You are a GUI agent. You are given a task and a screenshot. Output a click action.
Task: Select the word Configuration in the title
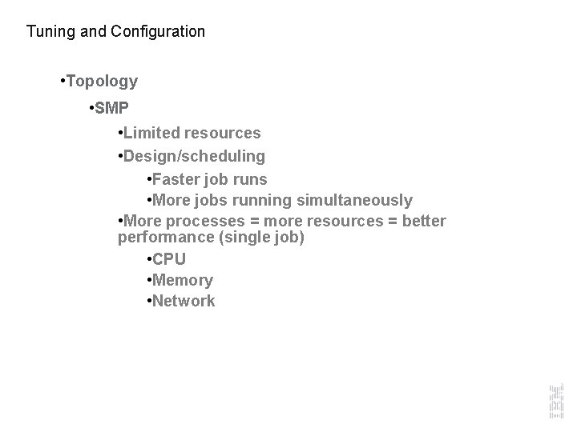(x=157, y=32)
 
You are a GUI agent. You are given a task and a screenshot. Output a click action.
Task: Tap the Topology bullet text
(x=103, y=82)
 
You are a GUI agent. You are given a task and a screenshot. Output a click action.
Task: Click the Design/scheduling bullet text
(x=195, y=155)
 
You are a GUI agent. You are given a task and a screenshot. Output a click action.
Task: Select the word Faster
(x=178, y=179)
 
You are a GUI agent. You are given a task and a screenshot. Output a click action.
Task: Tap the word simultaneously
(x=355, y=200)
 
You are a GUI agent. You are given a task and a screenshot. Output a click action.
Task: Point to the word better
(x=423, y=221)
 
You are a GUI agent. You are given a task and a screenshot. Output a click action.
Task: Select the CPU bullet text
(x=168, y=259)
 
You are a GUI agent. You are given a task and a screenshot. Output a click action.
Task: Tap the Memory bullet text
(x=182, y=280)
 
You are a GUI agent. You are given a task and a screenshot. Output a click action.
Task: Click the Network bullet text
(x=184, y=301)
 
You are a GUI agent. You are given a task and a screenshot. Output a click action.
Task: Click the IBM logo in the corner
(x=555, y=399)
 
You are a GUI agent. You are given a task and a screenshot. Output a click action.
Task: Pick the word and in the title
(x=88, y=32)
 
